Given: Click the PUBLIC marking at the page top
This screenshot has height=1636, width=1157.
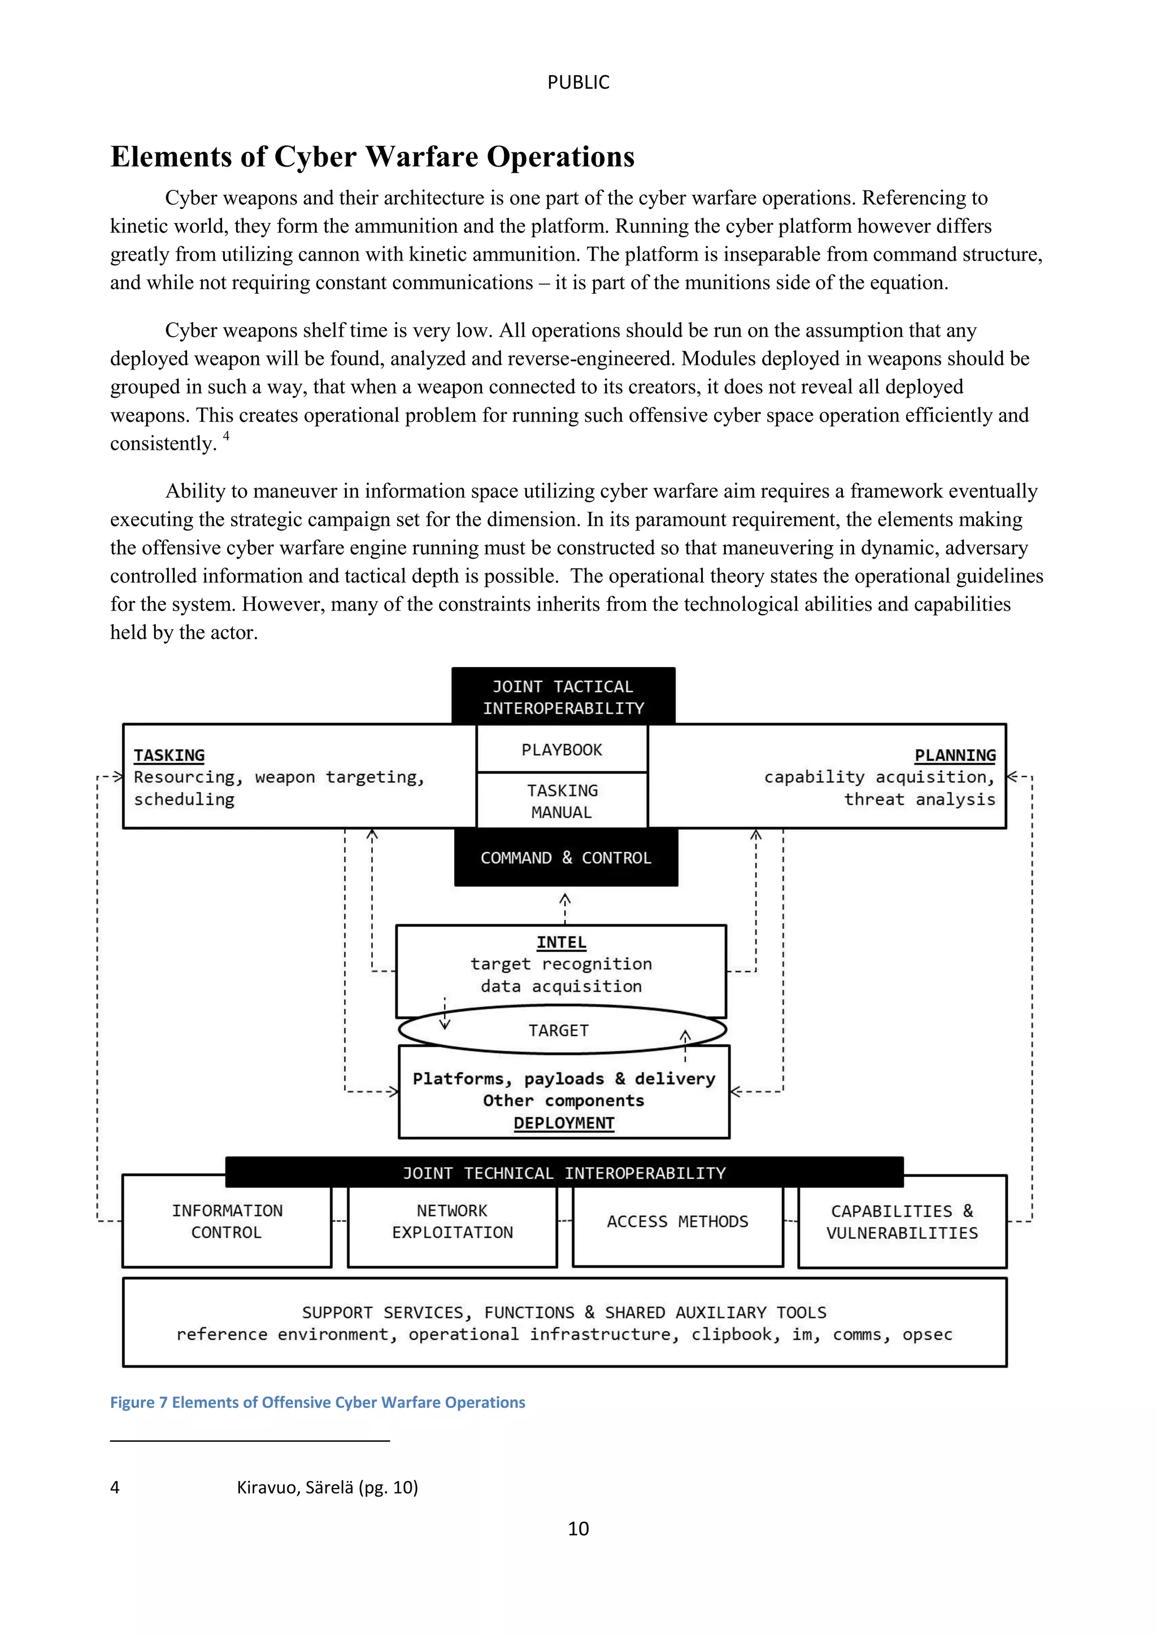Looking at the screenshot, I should [578, 82].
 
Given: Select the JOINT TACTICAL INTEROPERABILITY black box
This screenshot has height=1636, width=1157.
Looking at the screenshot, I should [563, 697].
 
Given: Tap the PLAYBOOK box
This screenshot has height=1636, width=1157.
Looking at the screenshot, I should [562, 750].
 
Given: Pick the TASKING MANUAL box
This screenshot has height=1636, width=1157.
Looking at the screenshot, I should [562, 801].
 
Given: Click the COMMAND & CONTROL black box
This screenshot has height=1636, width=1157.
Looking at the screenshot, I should [566, 858].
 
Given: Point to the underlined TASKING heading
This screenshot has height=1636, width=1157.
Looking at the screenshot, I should [169, 755].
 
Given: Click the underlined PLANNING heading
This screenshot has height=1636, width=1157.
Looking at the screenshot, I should [955, 755].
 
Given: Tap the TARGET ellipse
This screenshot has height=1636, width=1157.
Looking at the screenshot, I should [559, 1030].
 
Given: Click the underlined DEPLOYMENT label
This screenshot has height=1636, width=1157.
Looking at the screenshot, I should [564, 1123].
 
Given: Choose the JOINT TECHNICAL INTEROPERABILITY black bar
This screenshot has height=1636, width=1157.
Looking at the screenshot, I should [564, 1173].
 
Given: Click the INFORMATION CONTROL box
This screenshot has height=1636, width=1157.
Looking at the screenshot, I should [227, 1221].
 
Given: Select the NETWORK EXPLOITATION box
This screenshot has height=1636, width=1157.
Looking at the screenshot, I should [452, 1221].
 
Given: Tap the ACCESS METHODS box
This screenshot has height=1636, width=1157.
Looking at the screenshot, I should [677, 1221].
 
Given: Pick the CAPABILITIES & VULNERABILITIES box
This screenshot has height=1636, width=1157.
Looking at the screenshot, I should [902, 1222].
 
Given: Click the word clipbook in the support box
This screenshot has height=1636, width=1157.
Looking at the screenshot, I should [731, 1334].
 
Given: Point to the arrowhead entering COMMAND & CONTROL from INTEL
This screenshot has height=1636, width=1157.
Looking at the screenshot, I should [565, 899].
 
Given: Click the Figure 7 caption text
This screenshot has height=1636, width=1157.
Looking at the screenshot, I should [317, 1402].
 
